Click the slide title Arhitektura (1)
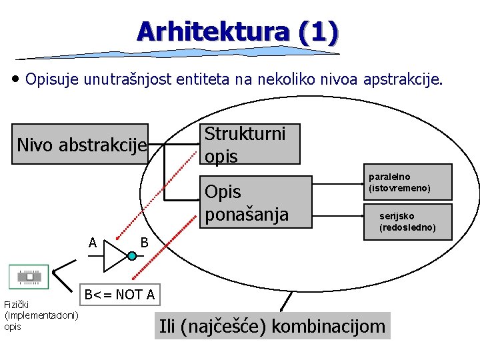[x=237, y=31]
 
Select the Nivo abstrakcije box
[x=82, y=144]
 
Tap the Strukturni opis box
[x=250, y=144]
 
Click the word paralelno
[x=389, y=177]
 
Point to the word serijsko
[x=397, y=216]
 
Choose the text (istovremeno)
[x=399, y=188]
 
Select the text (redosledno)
[x=407, y=227]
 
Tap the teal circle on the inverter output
[x=132, y=256]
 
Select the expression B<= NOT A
[x=120, y=294]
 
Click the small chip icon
[x=29, y=276]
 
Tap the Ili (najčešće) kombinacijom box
[x=272, y=326]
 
